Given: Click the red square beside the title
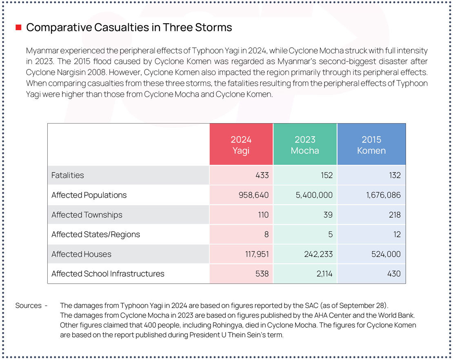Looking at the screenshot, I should pos(18,28).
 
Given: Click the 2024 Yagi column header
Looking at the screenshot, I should pos(241,145).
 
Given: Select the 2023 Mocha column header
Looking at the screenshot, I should pos(305,145).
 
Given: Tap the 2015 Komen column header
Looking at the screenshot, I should pos(371,145).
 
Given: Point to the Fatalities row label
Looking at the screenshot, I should pos(68,175).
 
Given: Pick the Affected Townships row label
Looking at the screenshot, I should pos(87,215).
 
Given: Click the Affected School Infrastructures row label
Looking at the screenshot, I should pos(108,274).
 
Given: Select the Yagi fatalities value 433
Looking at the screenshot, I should pos(262,175).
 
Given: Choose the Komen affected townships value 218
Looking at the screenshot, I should pos(395,215).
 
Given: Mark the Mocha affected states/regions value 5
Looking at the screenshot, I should pos(330,234).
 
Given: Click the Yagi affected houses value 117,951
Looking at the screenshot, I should pos(254,254).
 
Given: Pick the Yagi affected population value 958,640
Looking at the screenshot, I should pos(254,195).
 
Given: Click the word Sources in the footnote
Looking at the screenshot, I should pos(29,305).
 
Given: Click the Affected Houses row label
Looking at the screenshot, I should pos(81,254).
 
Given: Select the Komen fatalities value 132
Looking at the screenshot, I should pos(395,175).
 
